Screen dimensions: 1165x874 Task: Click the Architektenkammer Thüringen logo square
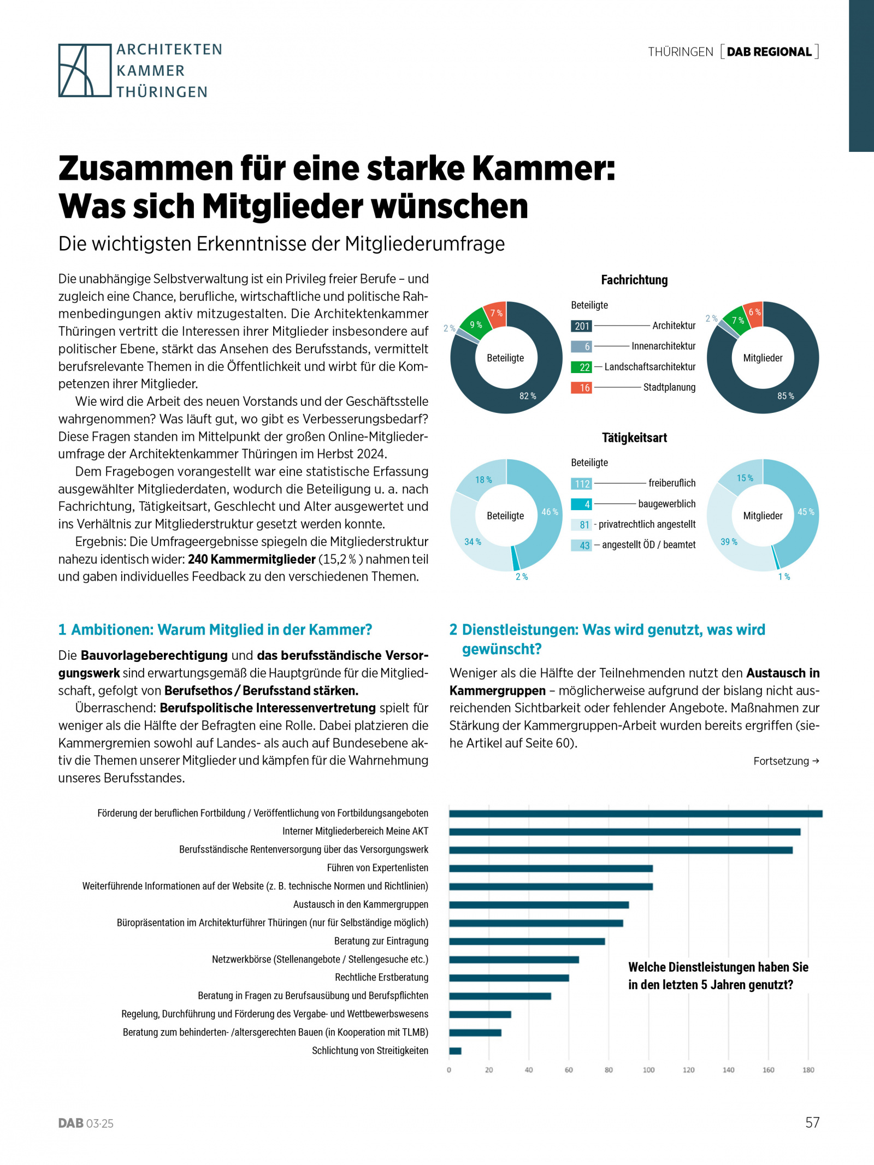tap(85, 70)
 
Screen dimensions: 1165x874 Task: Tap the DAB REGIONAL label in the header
tap(769, 52)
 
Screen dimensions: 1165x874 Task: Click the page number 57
tap(812, 1122)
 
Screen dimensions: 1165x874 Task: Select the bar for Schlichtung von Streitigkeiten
tap(455, 1051)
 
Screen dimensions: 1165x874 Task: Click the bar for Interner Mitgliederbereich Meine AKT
tap(624, 832)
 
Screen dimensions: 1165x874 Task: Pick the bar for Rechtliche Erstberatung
tap(509, 978)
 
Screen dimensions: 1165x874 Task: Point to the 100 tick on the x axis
tap(648, 1070)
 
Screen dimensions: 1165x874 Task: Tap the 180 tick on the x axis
tap(808, 1070)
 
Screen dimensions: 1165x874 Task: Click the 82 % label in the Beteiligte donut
tap(527, 396)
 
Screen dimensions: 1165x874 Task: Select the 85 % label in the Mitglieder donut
tap(785, 396)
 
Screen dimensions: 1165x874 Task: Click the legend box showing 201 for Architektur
tap(581, 326)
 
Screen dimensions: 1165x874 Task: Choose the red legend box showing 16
tap(581, 388)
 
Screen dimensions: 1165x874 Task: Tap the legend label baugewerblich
tap(666, 504)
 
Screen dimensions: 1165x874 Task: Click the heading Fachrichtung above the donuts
tap(634, 280)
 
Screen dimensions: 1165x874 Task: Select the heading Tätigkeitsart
tap(634, 438)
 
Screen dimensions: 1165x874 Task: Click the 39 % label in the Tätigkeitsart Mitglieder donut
tap(729, 542)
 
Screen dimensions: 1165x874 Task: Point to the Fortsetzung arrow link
tap(786, 761)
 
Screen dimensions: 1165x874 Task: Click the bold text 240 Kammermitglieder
tap(252, 559)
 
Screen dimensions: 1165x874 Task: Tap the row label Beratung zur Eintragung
tap(381, 941)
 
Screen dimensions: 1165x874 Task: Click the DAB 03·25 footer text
tap(86, 1123)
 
